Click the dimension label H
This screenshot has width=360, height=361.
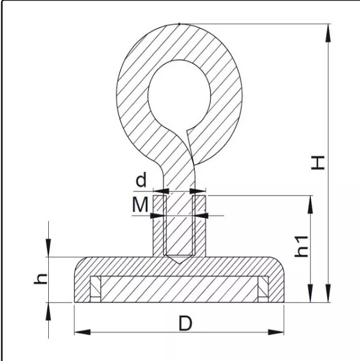pyautogui.click(x=318, y=163)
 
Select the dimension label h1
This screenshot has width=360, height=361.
pyautogui.click(x=302, y=246)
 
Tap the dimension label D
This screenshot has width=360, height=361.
pyautogui.click(x=185, y=324)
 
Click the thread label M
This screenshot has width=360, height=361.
pyautogui.click(x=140, y=205)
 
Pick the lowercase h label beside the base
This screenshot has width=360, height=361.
pyautogui.click(x=41, y=280)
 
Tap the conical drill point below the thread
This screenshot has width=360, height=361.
pyautogui.click(x=179, y=259)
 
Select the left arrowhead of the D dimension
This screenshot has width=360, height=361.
pyautogui.click(x=83, y=332)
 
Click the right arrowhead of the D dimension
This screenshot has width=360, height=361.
pyautogui.click(x=276, y=332)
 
